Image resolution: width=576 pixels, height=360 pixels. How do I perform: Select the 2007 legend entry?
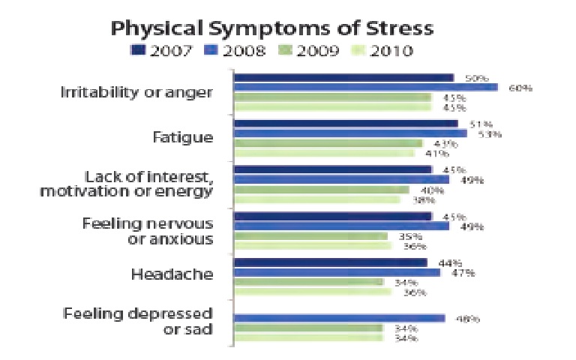pos(163,50)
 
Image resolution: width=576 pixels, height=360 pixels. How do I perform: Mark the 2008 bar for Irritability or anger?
pos(366,88)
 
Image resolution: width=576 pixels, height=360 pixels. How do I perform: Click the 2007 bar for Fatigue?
pos(346,124)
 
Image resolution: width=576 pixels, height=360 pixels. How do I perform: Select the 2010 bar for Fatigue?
pos(324,153)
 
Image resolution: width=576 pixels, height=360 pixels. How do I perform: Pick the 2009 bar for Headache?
pos(308,282)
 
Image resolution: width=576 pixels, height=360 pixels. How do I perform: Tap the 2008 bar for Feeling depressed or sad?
pos(339,318)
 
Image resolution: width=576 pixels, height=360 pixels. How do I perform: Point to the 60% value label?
pos(520,88)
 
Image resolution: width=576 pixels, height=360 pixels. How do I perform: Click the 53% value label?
pos(490,133)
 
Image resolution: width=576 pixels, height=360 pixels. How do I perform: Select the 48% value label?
pos(468,318)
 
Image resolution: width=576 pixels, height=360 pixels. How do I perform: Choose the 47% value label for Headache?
pos(463,272)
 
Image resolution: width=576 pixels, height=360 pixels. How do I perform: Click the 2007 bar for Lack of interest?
pos(333,169)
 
